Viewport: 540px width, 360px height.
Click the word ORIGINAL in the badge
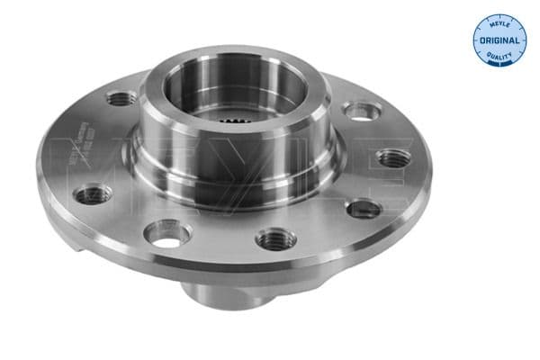[499, 41]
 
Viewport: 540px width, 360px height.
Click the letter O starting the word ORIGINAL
[483, 41]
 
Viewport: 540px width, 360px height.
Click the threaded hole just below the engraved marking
[94, 193]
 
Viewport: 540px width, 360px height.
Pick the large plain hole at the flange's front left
[168, 234]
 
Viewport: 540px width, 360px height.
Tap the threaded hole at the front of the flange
[275, 238]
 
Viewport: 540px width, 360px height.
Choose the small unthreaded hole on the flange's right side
[364, 209]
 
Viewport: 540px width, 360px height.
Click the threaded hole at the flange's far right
[393, 158]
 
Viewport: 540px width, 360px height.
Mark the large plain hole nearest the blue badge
[362, 111]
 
